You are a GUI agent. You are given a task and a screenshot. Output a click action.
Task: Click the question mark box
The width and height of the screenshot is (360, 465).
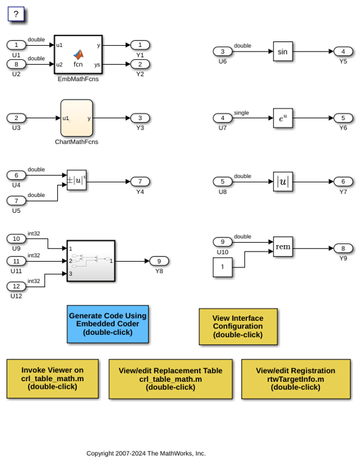(16, 14)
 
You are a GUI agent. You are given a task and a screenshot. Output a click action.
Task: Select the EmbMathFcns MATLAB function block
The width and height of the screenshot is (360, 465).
(78, 55)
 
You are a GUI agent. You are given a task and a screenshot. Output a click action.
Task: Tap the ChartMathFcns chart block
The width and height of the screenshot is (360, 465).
(77, 118)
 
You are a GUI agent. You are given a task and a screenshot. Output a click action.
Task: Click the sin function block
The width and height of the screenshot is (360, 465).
(283, 51)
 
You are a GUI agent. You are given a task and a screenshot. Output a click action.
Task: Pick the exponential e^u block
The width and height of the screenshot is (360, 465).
(283, 118)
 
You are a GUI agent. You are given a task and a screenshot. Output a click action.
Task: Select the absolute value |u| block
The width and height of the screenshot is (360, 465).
(283, 182)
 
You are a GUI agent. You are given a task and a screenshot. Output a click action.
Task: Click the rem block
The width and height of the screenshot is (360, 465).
(283, 246)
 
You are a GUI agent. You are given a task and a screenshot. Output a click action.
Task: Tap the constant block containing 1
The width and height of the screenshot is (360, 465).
(222, 267)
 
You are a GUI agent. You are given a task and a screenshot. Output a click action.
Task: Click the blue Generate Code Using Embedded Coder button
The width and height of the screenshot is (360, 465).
(108, 324)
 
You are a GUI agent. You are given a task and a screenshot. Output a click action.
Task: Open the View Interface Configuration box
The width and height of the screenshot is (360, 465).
(238, 327)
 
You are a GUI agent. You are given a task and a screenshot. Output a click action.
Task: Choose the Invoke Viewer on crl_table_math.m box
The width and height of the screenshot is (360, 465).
(53, 379)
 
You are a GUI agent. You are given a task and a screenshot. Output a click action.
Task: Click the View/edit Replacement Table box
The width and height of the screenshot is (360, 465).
(170, 379)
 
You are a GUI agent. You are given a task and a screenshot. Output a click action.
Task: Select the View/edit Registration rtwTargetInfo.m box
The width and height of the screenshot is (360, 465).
(296, 379)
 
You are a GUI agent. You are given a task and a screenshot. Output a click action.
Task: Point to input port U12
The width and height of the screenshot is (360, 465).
(17, 286)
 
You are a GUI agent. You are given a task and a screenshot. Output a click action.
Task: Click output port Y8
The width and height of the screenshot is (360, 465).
(159, 261)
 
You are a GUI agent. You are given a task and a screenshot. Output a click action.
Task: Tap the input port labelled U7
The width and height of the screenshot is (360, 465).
(222, 118)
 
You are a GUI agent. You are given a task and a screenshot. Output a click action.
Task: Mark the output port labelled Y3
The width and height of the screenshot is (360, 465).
(140, 118)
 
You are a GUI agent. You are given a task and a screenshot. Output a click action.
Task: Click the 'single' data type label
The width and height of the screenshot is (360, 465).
(241, 112)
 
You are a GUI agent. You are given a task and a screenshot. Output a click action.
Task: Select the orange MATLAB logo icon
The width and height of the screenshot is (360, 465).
(79, 54)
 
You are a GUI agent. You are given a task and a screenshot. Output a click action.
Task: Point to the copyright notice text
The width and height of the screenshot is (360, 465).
(146, 453)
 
